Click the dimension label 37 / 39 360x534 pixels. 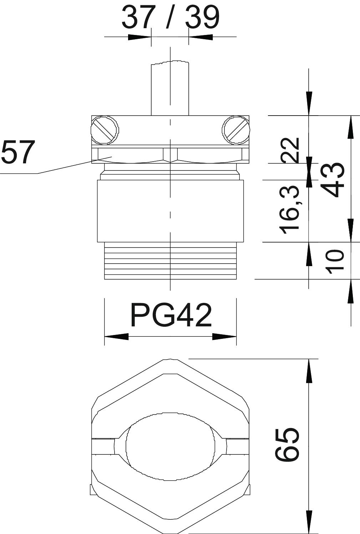[170, 17]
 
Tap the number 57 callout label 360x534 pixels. [17, 152]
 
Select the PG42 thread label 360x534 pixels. [171, 315]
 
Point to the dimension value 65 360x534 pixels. [287, 444]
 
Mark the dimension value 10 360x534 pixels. [335, 261]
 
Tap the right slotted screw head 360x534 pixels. [236, 131]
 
